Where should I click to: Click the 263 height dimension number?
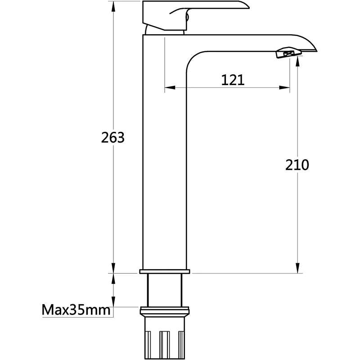pos(113,138)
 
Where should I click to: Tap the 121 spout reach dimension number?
pos(233,80)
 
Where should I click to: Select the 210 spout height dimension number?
pos(297,165)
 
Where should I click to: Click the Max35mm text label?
pos(76,310)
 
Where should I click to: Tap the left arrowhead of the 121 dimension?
pos(170,87)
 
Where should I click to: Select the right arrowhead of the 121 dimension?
pos(284,87)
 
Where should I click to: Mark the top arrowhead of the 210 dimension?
pos(297,62)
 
